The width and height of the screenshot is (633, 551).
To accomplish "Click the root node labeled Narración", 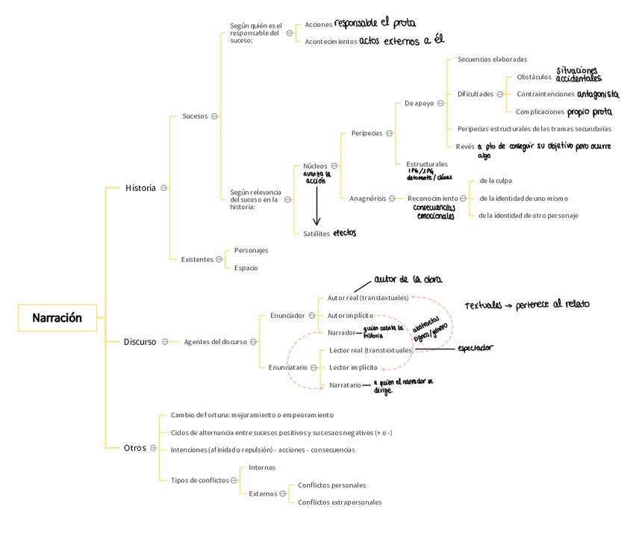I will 57,318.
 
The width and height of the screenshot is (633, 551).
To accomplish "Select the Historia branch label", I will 140,188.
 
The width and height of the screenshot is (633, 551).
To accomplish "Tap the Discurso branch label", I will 140,342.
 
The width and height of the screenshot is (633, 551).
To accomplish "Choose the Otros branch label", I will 135,448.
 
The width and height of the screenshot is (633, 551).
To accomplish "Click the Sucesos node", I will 195,116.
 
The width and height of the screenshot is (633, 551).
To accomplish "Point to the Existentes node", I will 197,260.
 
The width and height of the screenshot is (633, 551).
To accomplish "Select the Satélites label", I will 316,234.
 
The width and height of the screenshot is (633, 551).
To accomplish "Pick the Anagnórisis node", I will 367,199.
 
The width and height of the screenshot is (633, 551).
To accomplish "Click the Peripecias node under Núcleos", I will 367,134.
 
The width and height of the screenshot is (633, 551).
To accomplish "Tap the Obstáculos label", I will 534,77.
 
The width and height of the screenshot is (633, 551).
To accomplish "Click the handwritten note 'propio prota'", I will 589,112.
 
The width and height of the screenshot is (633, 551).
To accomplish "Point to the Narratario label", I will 345,385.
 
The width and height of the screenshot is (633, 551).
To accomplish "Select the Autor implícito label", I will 350,315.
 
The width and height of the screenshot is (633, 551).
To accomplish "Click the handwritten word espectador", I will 475,347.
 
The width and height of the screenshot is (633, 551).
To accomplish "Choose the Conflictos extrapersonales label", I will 339,502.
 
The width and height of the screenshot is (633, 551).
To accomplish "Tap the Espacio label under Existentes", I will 246,268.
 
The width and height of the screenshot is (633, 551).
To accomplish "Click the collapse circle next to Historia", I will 163,188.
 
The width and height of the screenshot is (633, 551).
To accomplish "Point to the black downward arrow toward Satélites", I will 316,205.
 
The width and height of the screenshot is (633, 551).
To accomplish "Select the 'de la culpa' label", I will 496,181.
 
